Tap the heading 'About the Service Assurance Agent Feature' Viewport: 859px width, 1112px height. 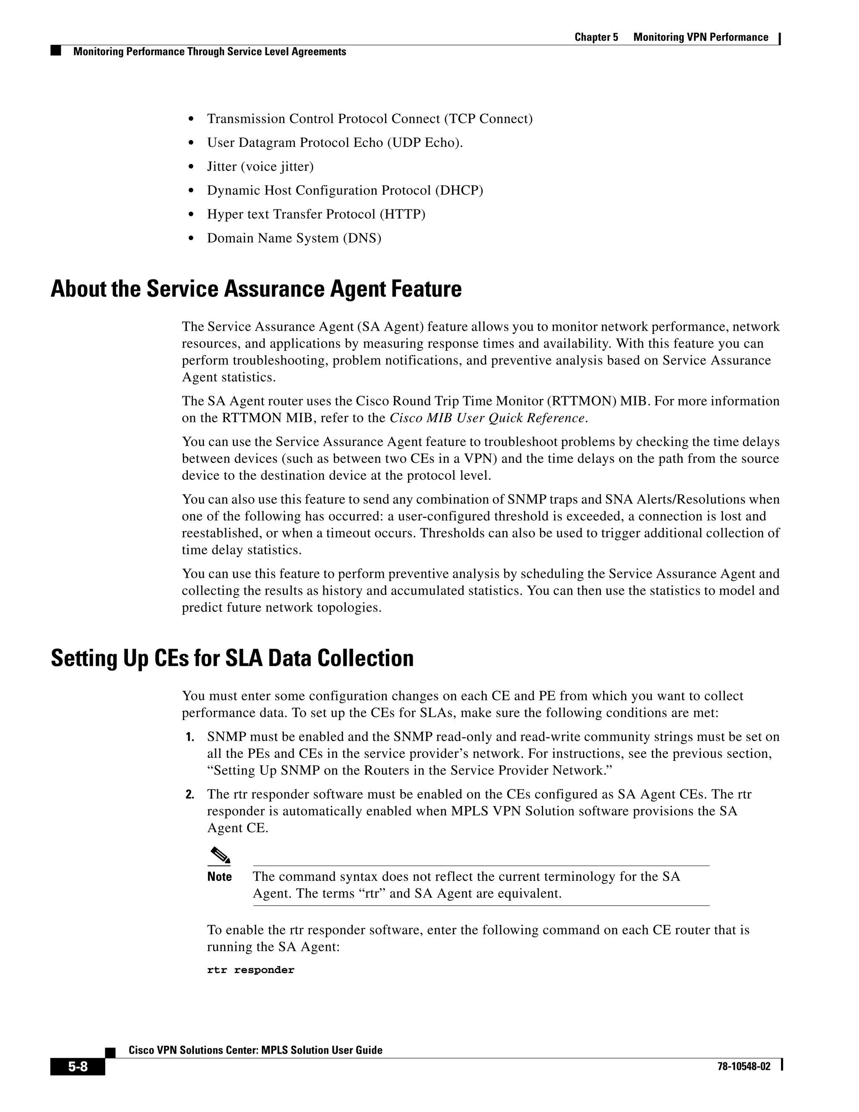[256, 289]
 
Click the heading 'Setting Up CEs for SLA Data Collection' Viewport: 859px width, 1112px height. [232, 658]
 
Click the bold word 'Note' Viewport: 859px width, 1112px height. [219, 877]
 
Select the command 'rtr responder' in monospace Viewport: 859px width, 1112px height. [250, 970]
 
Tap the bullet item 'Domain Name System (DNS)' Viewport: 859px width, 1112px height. [294, 238]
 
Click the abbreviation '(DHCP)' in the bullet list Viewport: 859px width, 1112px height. [458, 191]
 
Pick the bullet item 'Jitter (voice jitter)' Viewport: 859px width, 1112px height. [260, 167]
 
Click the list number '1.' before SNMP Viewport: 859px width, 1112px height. [190, 737]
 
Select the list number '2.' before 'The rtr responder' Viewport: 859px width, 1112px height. [190, 795]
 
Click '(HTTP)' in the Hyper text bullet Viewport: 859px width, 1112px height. [403, 214]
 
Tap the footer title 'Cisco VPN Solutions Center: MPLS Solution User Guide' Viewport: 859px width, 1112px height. [255, 1050]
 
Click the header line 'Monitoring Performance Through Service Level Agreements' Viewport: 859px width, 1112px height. [210, 52]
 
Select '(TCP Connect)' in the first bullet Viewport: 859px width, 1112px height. [488, 119]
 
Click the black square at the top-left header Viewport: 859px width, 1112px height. [55, 50]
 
